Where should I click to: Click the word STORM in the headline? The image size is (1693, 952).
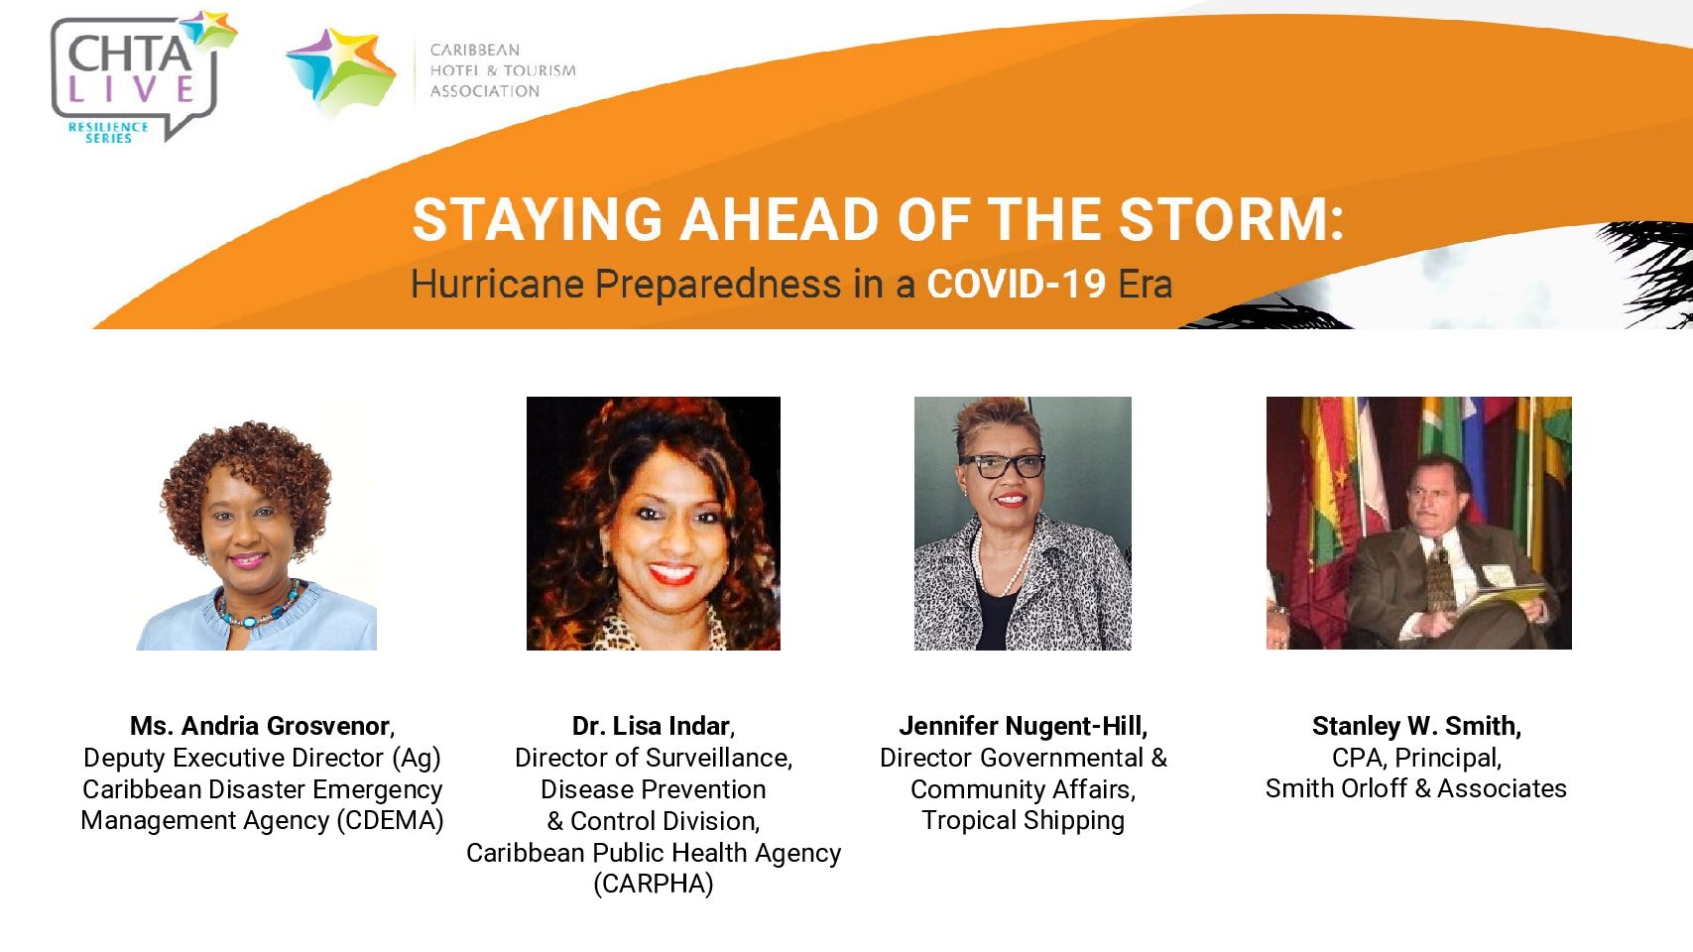click(x=1231, y=220)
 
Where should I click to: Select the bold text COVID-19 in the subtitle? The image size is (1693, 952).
click(x=1016, y=284)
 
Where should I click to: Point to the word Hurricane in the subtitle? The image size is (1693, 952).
click(x=497, y=284)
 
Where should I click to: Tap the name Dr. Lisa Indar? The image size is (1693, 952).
click(x=653, y=726)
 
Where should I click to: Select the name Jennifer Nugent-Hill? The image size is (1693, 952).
click(x=1023, y=726)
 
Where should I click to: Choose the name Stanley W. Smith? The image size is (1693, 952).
click(x=1416, y=726)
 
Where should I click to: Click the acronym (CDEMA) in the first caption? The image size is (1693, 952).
click(x=390, y=820)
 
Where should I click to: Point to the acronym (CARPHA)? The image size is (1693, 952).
click(x=653, y=884)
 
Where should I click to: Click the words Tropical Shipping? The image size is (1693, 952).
click(x=1023, y=821)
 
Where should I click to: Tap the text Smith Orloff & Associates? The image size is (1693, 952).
click(x=1416, y=788)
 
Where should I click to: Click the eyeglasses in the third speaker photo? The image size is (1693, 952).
click(x=1002, y=465)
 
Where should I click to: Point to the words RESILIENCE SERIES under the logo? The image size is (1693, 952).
click(x=108, y=132)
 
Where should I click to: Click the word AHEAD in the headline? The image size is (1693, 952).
click(x=780, y=220)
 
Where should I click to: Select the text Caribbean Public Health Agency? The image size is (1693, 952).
click(x=653, y=853)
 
